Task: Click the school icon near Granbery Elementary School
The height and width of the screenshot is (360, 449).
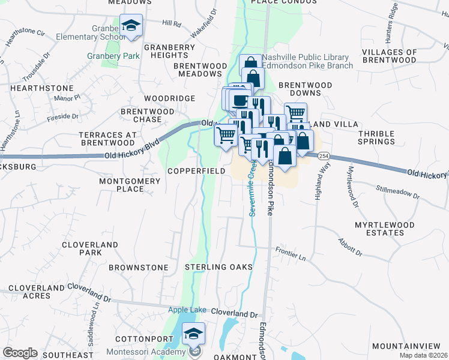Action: (x=131, y=26)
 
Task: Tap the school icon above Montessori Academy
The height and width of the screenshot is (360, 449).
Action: (x=193, y=334)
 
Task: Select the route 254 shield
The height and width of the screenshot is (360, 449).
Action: (x=324, y=156)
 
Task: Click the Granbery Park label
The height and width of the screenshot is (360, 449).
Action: (x=113, y=56)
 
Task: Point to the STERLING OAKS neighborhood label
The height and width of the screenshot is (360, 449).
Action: (x=218, y=266)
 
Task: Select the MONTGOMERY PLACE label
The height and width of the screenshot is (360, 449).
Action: (x=122, y=185)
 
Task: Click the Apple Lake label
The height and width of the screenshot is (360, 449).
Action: (x=187, y=310)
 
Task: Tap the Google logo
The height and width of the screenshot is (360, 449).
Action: (x=19, y=353)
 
